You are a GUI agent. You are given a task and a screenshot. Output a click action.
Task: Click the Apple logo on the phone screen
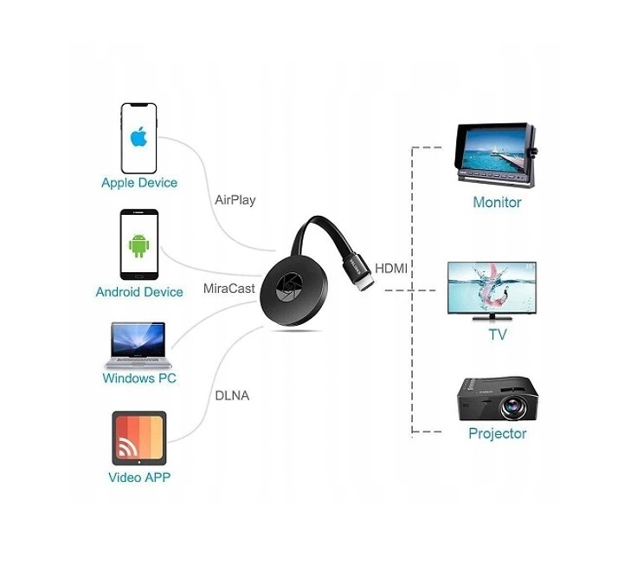click(x=138, y=136)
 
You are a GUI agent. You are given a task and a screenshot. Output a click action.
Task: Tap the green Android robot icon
click(x=138, y=245)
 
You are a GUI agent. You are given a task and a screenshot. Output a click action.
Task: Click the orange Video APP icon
click(x=138, y=438)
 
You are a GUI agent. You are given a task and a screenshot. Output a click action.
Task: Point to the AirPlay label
click(x=235, y=200)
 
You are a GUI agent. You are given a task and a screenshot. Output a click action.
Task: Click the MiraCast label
click(x=229, y=288)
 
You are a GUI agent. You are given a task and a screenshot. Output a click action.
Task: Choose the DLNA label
click(x=231, y=396)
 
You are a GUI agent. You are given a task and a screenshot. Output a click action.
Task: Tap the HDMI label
click(x=391, y=269)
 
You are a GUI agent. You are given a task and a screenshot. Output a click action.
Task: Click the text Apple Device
click(x=139, y=183)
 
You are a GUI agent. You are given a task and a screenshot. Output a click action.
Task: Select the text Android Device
click(x=139, y=292)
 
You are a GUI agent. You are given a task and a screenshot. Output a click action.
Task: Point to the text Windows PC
click(x=139, y=379)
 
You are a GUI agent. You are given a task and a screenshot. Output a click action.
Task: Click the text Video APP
click(x=139, y=477)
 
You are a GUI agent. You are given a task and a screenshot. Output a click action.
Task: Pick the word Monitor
click(x=497, y=203)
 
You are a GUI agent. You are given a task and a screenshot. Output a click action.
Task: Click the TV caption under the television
click(x=498, y=334)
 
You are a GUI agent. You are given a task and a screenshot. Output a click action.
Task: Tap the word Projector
click(x=497, y=433)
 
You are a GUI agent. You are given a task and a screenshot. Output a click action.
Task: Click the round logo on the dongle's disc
click(x=287, y=291)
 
